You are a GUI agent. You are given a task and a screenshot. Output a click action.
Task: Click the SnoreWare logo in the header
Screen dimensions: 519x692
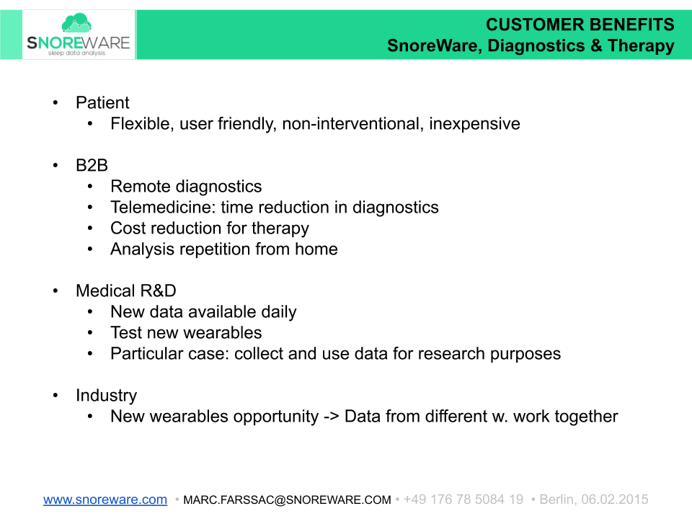pos(78,35)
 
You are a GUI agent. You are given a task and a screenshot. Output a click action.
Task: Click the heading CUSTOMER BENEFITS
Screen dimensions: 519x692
pos(580,25)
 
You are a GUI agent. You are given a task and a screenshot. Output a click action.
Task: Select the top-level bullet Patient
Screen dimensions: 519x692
pos(102,102)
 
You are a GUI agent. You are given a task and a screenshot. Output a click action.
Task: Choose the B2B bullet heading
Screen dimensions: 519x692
pos(92,165)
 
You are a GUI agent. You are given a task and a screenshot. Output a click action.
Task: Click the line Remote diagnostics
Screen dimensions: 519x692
pos(186,186)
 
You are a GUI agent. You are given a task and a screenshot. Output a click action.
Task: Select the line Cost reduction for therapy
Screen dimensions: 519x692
pos(209,228)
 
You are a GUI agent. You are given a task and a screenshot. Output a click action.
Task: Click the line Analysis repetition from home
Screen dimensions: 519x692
pos(223,249)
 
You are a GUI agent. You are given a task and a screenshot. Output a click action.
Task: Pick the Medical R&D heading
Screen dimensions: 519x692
pos(125,290)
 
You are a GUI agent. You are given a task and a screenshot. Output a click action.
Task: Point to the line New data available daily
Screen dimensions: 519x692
pos(203,311)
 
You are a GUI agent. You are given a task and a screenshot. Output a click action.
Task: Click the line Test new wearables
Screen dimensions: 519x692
pos(186,332)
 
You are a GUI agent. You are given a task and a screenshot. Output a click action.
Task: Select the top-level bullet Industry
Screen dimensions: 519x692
pos(106,395)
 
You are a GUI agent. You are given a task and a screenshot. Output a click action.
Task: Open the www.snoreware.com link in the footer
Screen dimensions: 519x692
pos(105,500)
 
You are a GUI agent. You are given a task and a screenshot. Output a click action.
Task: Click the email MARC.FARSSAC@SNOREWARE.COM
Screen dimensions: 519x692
pos(287,500)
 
